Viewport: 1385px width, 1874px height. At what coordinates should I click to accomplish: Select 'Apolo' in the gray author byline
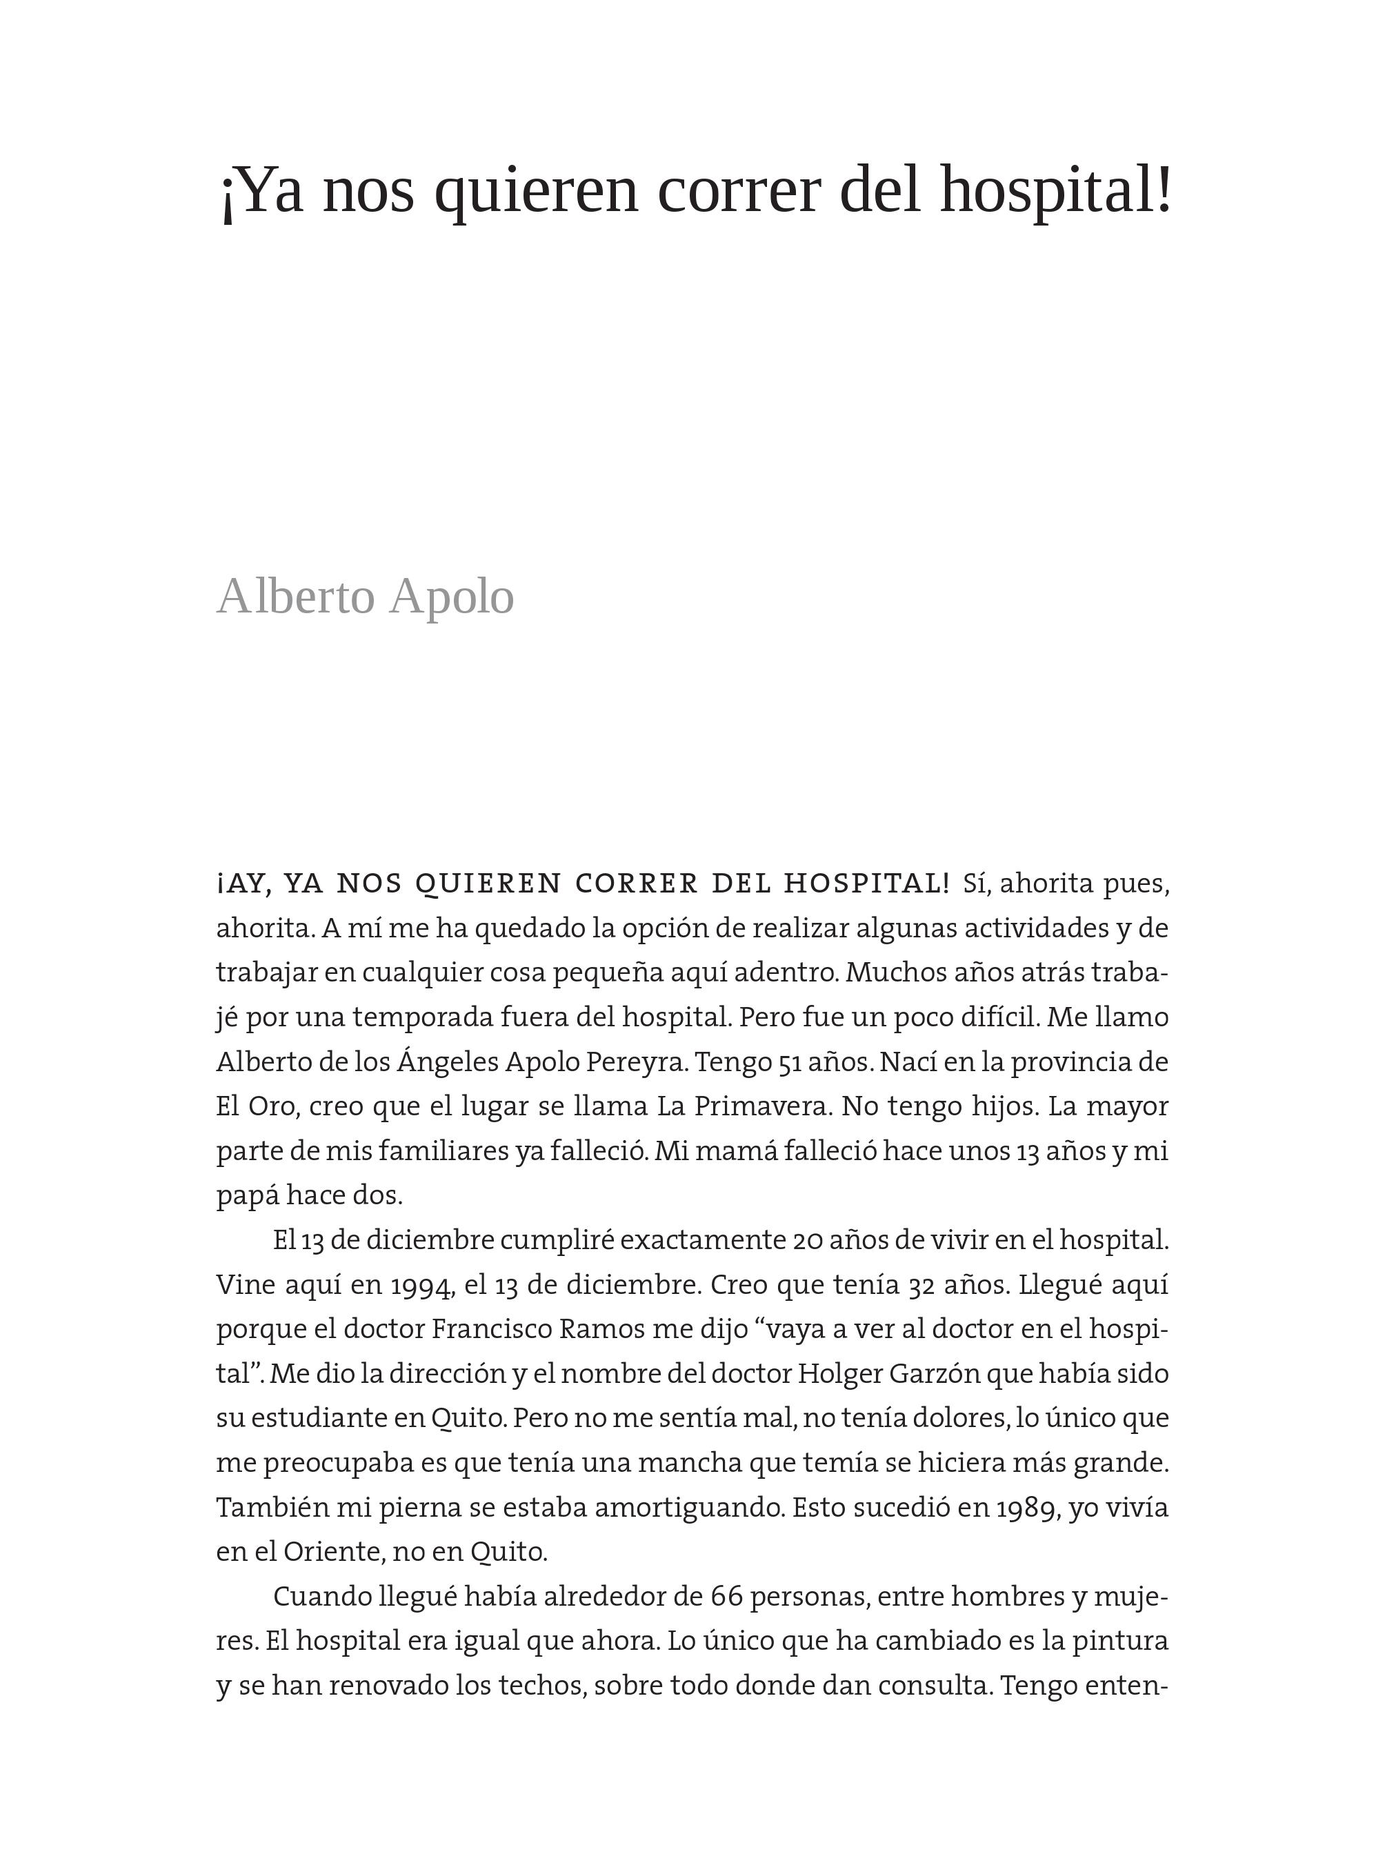[x=451, y=597]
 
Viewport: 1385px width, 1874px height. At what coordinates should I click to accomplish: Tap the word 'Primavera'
[x=761, y=1107]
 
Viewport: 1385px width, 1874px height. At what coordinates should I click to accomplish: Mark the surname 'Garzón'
[x=931, y=1374]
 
